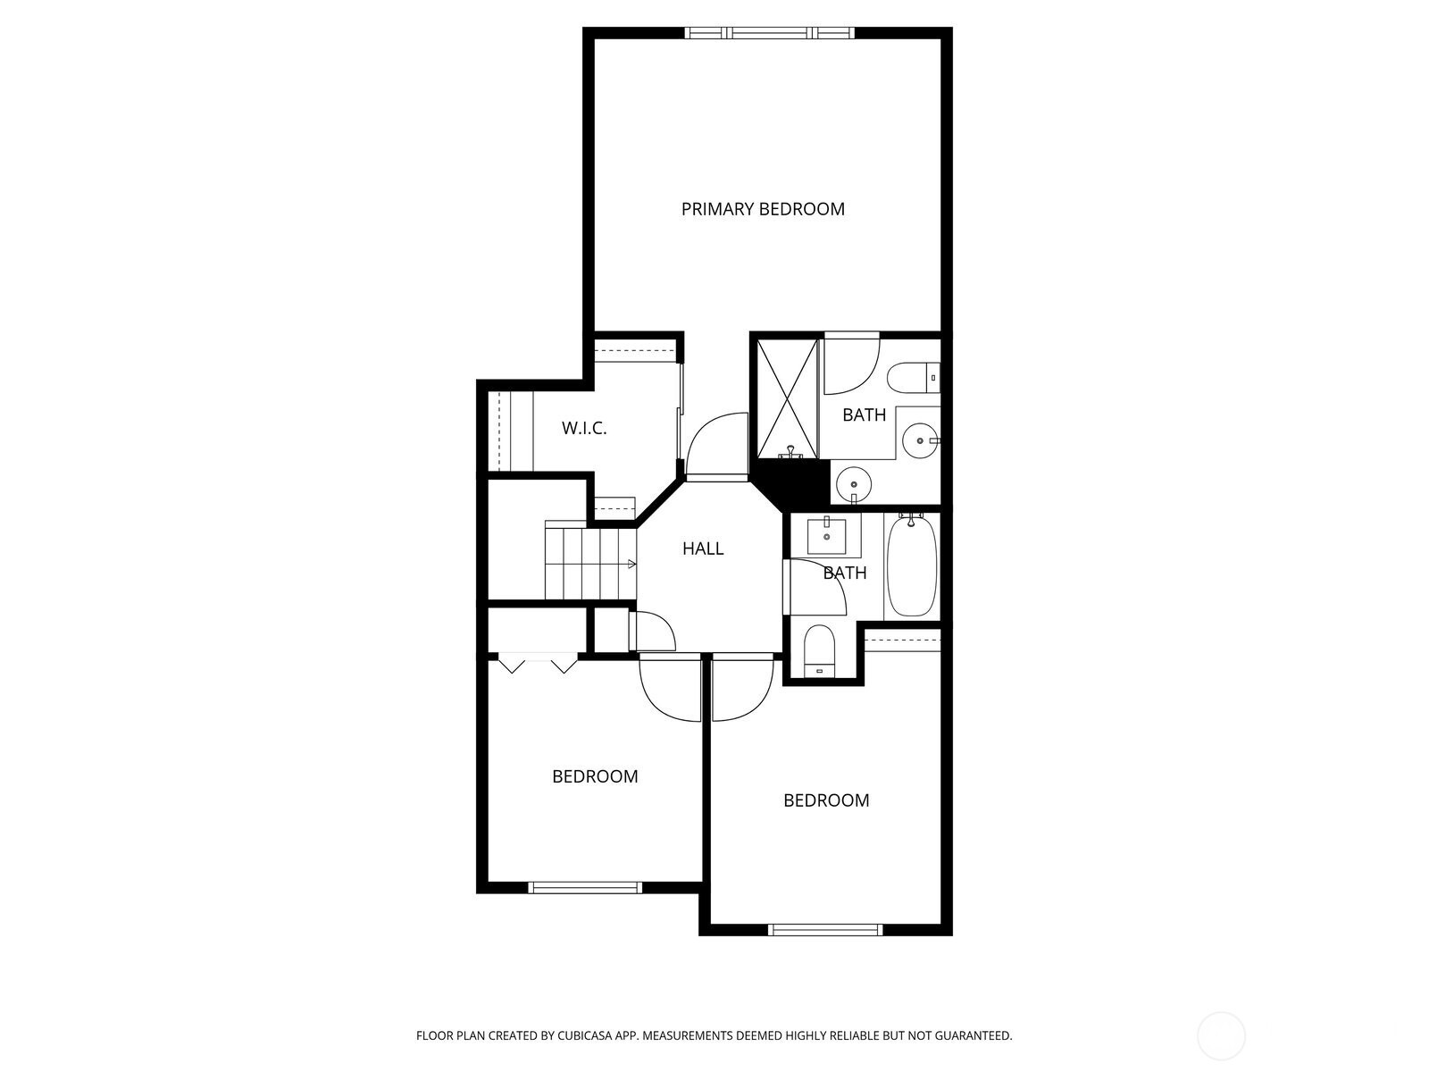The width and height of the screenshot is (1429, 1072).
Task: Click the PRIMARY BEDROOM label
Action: pyautogui.click(x=763, y=209)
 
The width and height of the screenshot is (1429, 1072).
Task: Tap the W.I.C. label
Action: pyautogui.click(x=584, y=428)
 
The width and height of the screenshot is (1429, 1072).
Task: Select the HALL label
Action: pyautogui.click(x=703, y=549)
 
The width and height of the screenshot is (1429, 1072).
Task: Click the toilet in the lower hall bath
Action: pyautogui.click(x=819, y=651)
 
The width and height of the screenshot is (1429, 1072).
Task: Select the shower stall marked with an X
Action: pyautogui.click(x=787, y=398)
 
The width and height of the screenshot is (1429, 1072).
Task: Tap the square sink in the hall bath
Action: pyautogui.click(x=826, y=536)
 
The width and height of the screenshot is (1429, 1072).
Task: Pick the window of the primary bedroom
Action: pyautogui.click(x=770, y=33)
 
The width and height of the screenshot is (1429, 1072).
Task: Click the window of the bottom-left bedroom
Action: pyautogui.click(x=585, y=887)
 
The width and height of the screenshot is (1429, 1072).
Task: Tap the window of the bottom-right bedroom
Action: pyautogui.click(x=825, y=929)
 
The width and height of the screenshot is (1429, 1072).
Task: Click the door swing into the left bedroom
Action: pyautogui.click(x=670, y=687)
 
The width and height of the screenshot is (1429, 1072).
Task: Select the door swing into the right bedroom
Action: pyautogui.click(x=743, y=687)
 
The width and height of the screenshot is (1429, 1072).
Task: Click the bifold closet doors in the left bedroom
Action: pyautogui.click(x=538, y=663)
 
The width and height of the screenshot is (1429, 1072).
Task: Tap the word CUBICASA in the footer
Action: pyautogui.click(x=585, y=1035)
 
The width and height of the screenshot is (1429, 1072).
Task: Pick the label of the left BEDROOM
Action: pyautogui.click(x=595, y=776)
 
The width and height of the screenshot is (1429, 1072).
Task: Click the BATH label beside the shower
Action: pyautogui.click(x=864, y=415)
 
